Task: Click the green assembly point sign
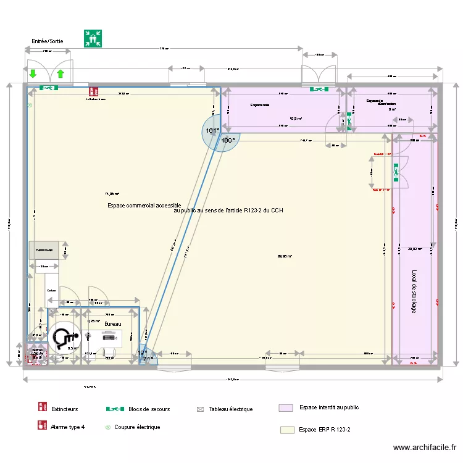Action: pos(93,38)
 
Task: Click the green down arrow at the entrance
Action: pos(33,75)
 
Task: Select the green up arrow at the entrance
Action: pos(60,75)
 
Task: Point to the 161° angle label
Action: pos(212,131)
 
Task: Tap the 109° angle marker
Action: pos(228,141)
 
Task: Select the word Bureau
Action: pos(112,324)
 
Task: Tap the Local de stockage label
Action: pos(414,291)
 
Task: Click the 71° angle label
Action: pos(147,359)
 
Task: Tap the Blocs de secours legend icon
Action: pos(115,409)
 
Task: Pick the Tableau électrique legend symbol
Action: pos(200,409)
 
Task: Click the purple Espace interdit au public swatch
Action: pos(286,408)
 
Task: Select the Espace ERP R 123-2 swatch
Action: pos(286,430)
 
